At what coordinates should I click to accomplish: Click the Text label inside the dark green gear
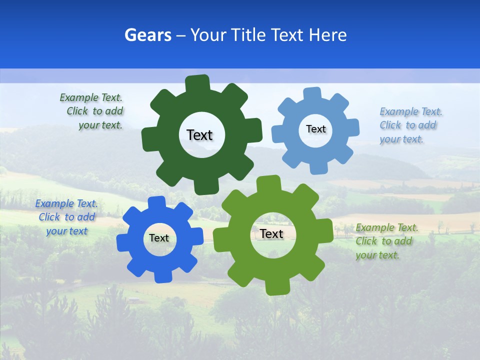click(x=199, y=135)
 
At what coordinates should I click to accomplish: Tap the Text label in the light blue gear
click(x=315, y=129)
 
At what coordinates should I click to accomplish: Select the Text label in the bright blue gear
click(x=159, y=238)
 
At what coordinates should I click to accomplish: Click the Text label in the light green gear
click(x=271, y=233)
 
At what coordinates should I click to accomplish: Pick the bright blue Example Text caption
click(x=66, y=217)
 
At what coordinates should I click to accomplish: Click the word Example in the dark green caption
click(x=79, y=98)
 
